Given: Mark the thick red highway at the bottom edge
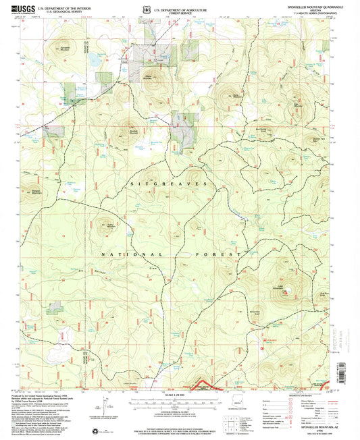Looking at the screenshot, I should (203, 387).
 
